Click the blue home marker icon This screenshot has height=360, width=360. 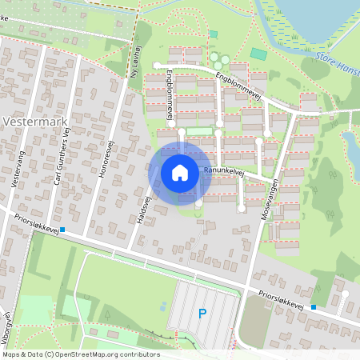(180, 173)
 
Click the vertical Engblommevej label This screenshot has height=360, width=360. (170, 98)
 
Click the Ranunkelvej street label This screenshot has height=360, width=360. (223, 170)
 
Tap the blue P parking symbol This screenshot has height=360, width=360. (202, 314)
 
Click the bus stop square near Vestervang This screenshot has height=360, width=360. (63, 230)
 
